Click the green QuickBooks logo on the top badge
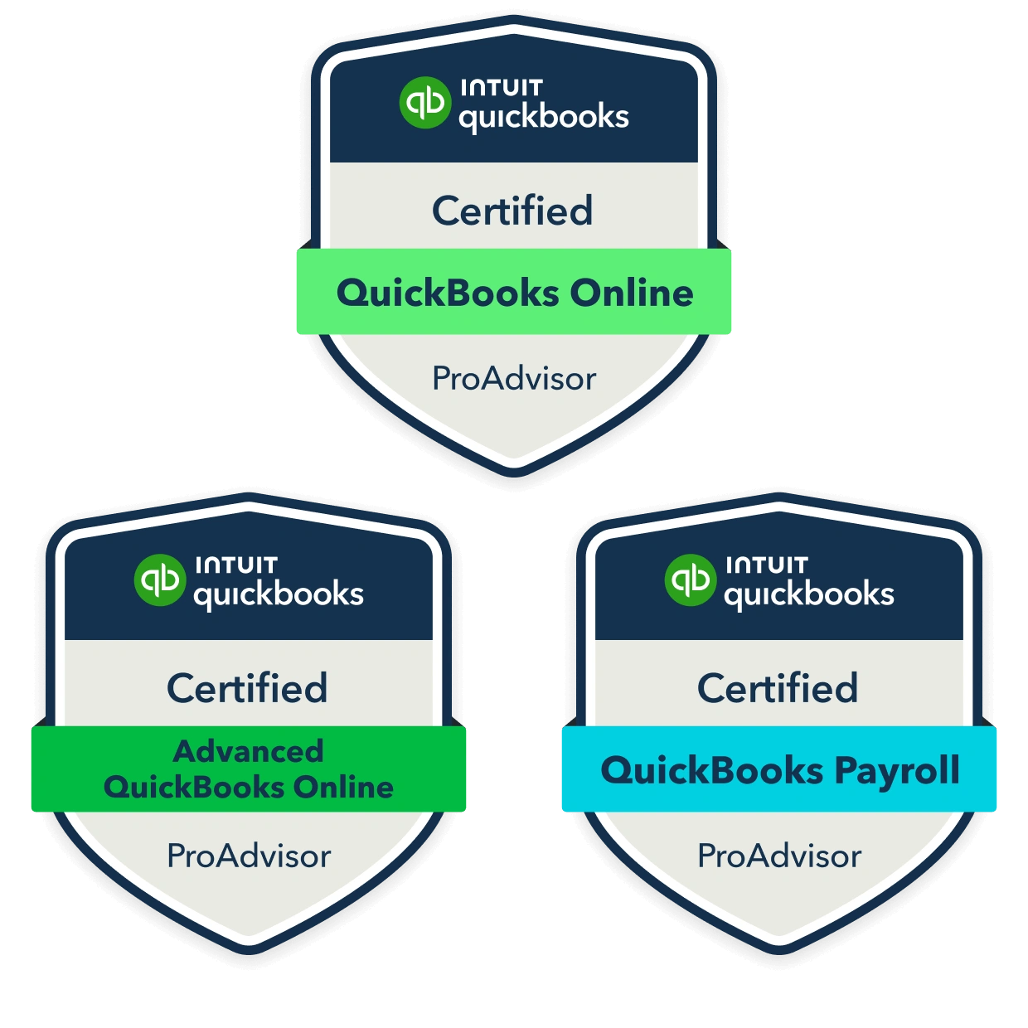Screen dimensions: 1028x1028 [425, 103]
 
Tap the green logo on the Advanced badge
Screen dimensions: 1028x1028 [160, 580]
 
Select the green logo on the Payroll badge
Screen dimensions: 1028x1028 [691, 580]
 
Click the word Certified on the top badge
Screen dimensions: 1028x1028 [512, 211]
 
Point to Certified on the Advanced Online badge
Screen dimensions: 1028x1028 [247, 688]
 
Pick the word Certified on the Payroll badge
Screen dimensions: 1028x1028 [778, 688]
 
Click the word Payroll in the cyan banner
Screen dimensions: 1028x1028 [897, 772]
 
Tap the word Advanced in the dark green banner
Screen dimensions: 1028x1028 [249, 751]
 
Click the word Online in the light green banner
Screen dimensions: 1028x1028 [632, 293]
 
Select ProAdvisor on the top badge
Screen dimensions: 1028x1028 [514, 379]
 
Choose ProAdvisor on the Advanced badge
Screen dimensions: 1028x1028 [249, 856]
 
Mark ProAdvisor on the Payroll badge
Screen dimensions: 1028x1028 [779, 856]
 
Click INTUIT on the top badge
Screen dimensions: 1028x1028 [502, 87]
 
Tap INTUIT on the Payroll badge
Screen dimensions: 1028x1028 [767, 565]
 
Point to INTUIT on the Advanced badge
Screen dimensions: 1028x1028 [236, 565]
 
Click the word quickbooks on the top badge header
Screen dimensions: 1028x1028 [544, 118]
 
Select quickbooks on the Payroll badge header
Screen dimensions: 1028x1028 [809, 595]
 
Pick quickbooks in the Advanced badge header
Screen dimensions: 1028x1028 [279, 595]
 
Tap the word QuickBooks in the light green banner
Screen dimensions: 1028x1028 [448, 293]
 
